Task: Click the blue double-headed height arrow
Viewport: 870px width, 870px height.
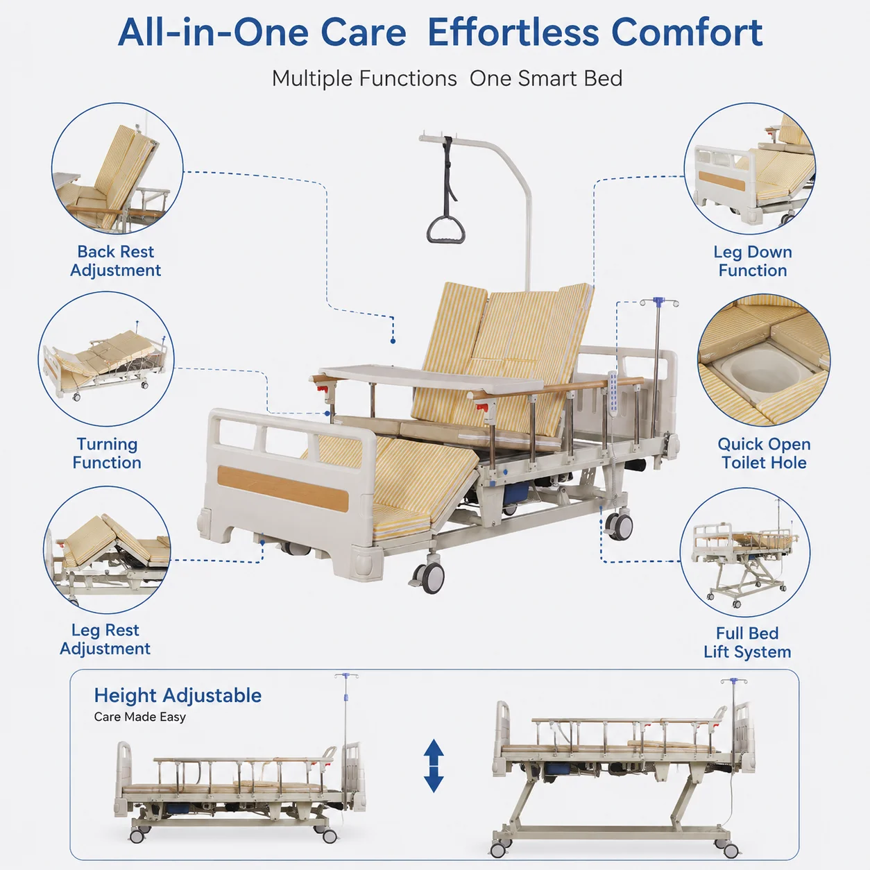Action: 434,766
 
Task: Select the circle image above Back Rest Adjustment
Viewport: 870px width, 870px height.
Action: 117,169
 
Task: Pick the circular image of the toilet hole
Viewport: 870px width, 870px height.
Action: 764,360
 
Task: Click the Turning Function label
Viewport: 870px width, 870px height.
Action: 107,453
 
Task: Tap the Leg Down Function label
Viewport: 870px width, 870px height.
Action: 753,261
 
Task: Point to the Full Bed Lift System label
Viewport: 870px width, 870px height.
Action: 747,642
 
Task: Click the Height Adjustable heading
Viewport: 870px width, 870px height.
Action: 178,696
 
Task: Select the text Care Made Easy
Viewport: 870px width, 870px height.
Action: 140,717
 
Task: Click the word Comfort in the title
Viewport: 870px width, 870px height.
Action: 687,33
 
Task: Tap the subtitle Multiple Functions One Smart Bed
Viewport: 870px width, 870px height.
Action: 447,78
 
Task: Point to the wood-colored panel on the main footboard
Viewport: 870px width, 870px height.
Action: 283,488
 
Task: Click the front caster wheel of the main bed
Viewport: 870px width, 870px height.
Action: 429,577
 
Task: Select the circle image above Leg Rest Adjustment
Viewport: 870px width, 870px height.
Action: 108,550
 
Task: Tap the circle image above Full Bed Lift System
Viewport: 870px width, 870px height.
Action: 745,552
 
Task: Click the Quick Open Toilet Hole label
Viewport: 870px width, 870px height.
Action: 764,453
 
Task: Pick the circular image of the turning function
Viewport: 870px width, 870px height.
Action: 106,359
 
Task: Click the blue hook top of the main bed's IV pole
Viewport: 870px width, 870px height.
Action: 659,301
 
